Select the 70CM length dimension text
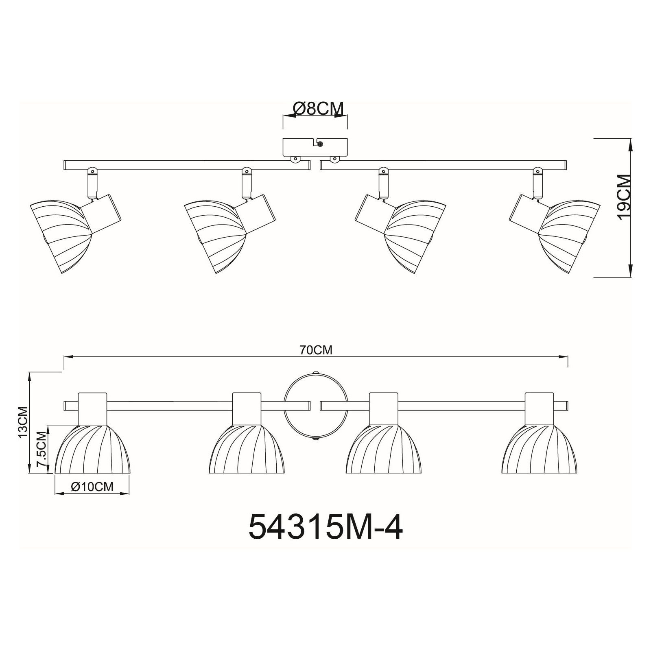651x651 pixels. pyautogui.click(x=316, y=350)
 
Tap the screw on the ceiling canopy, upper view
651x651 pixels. pyautogui.click(x=321, y=144)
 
